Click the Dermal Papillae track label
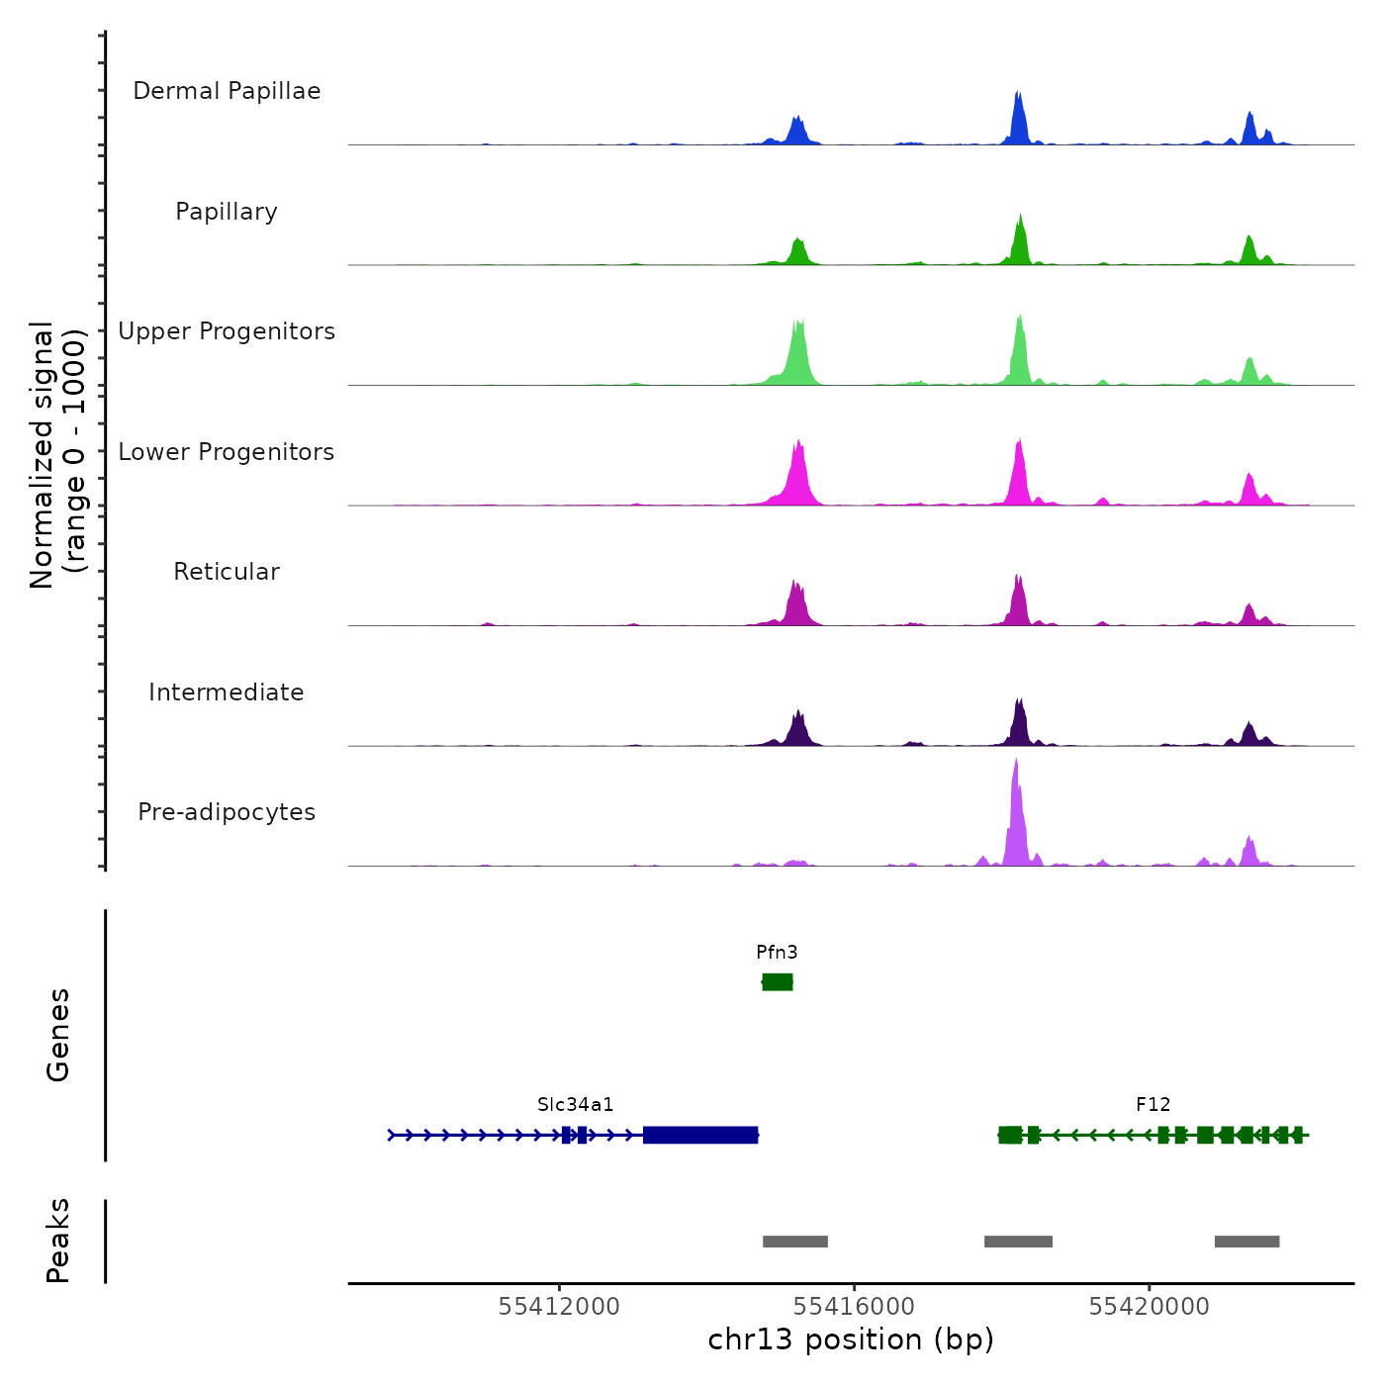click(x=227, y=91)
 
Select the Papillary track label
click(x=227, y=212)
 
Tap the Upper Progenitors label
click(x=227, y=331)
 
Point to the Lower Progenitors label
click(x=227, y=452)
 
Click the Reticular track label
click(x=227, y=572)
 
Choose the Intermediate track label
click(x=227, y=692)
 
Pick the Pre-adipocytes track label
click(x=227, y=812)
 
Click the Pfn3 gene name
click(x=777, y=953)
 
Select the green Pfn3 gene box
click(x=778, y=981)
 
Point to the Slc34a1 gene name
click(x=576, y=1105)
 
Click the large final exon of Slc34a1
click(x=700, y=1135)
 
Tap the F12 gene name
click(x=1153, y=1105)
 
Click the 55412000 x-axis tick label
click(x=559, y=1307)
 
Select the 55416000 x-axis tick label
click(x=854, y=1307)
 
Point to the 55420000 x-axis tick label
click(x=1150, y=1307)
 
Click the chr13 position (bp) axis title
click(x=851, y=1339)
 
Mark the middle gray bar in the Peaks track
click(x=1018, y=1242)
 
